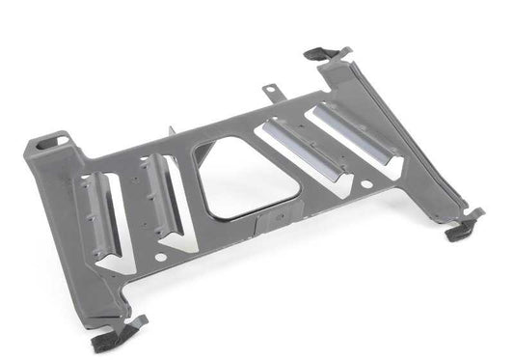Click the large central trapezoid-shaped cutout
click(236, 179)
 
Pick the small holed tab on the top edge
click(272, 92)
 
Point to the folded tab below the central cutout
click(271, 223)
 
